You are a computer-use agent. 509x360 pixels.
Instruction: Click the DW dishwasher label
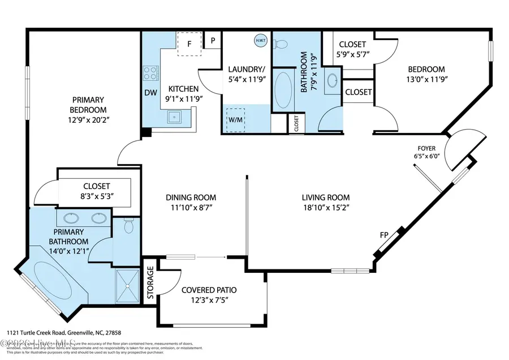pyautogui.click(x=150, y=93)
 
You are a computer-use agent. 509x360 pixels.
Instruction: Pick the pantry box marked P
pyautogui.click(x=213, y=40)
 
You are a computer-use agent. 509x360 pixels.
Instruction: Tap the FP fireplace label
pyautogui.click(x=383, y=234)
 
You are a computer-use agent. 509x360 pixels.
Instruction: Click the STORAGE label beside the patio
pyautogui.click(x=150, y=282)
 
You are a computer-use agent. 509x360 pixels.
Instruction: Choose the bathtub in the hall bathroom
pyautogui.click(x=283, y=89)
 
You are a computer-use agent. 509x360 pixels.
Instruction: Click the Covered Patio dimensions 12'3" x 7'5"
pyautogui.click(x=209, y=301)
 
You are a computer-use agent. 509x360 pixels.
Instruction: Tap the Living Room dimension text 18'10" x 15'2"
pyautogui.click(x=325, y=208)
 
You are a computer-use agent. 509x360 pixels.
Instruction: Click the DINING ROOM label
pyautogui.click(x=191, y=198)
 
